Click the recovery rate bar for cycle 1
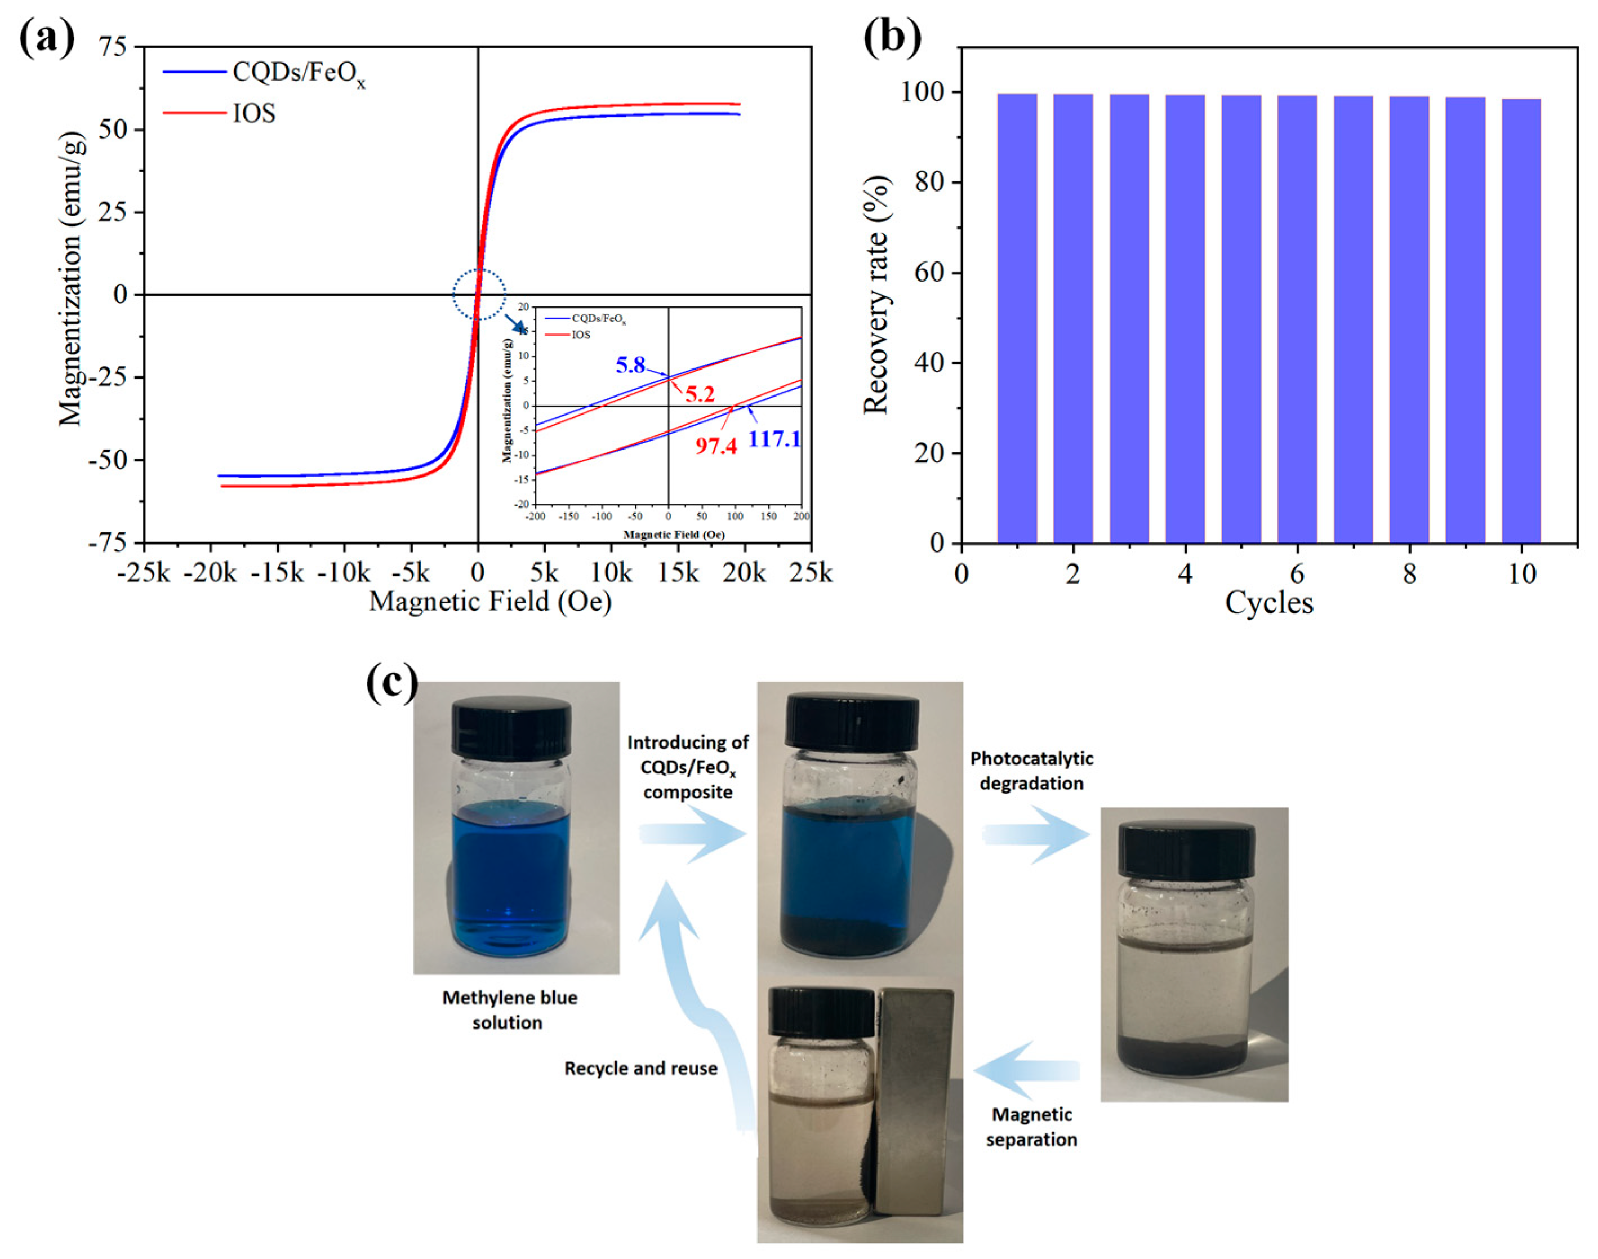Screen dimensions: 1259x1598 1017,317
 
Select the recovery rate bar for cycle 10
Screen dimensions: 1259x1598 1521,321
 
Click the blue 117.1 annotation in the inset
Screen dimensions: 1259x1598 773,440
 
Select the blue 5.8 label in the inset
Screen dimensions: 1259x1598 630,365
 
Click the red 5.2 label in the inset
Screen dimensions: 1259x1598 700,394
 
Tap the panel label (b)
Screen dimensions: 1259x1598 892,37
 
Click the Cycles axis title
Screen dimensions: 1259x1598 1268,603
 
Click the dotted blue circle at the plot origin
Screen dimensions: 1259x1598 479,294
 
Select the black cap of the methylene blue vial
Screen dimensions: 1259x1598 511,727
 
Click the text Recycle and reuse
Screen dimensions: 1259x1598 640,1068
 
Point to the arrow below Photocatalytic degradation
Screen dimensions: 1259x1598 1036,834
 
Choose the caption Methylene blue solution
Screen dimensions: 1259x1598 509,1010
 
